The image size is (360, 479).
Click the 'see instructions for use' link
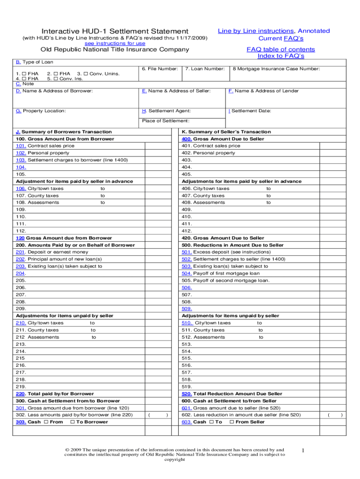(x=115, y=43)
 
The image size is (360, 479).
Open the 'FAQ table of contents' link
(x=281, y=49)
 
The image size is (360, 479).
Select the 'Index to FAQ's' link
(x=281, y=56)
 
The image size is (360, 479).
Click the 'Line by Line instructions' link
(x=256, y=31)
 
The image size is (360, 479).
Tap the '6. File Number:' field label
(x=159, y=69)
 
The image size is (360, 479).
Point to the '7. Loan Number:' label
(x=205, y=69)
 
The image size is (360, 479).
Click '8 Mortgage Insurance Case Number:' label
(x=276, y=69)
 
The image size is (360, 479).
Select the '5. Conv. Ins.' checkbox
(x=56, y=79)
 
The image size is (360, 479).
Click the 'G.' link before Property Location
(x=18, y=111)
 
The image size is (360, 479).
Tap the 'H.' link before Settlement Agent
(x=144, y=111)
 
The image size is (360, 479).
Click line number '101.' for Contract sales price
(x=21, y=146)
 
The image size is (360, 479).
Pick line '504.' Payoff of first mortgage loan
(x=187, y=273)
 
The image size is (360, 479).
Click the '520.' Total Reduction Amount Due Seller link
(x=187, y=394)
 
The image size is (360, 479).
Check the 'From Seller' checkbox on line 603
(x=231, y=422)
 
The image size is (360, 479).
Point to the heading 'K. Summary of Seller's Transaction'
(x=226, y=132)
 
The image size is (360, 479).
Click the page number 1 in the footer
(x=303, y=450)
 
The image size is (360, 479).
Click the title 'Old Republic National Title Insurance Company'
(x=115, y=50)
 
